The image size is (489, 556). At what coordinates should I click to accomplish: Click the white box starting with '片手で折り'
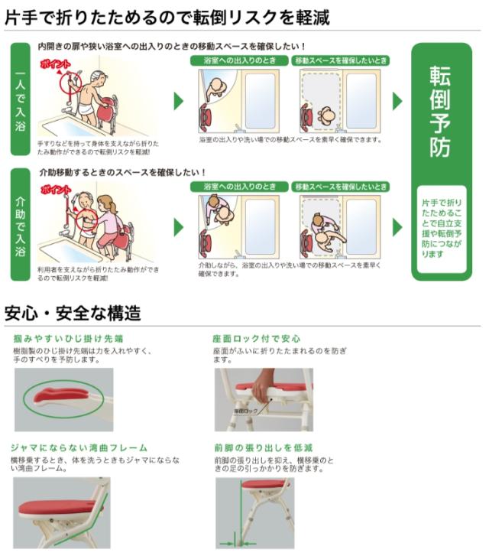point(441,228)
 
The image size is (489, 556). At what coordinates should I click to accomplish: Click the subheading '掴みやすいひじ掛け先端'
point(68,337)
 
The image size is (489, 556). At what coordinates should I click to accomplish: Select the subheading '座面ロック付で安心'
point(256,337)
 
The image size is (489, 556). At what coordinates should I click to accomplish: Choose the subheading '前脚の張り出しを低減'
point(264,447)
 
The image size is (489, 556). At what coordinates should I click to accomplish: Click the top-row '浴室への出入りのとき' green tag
point(240,60)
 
